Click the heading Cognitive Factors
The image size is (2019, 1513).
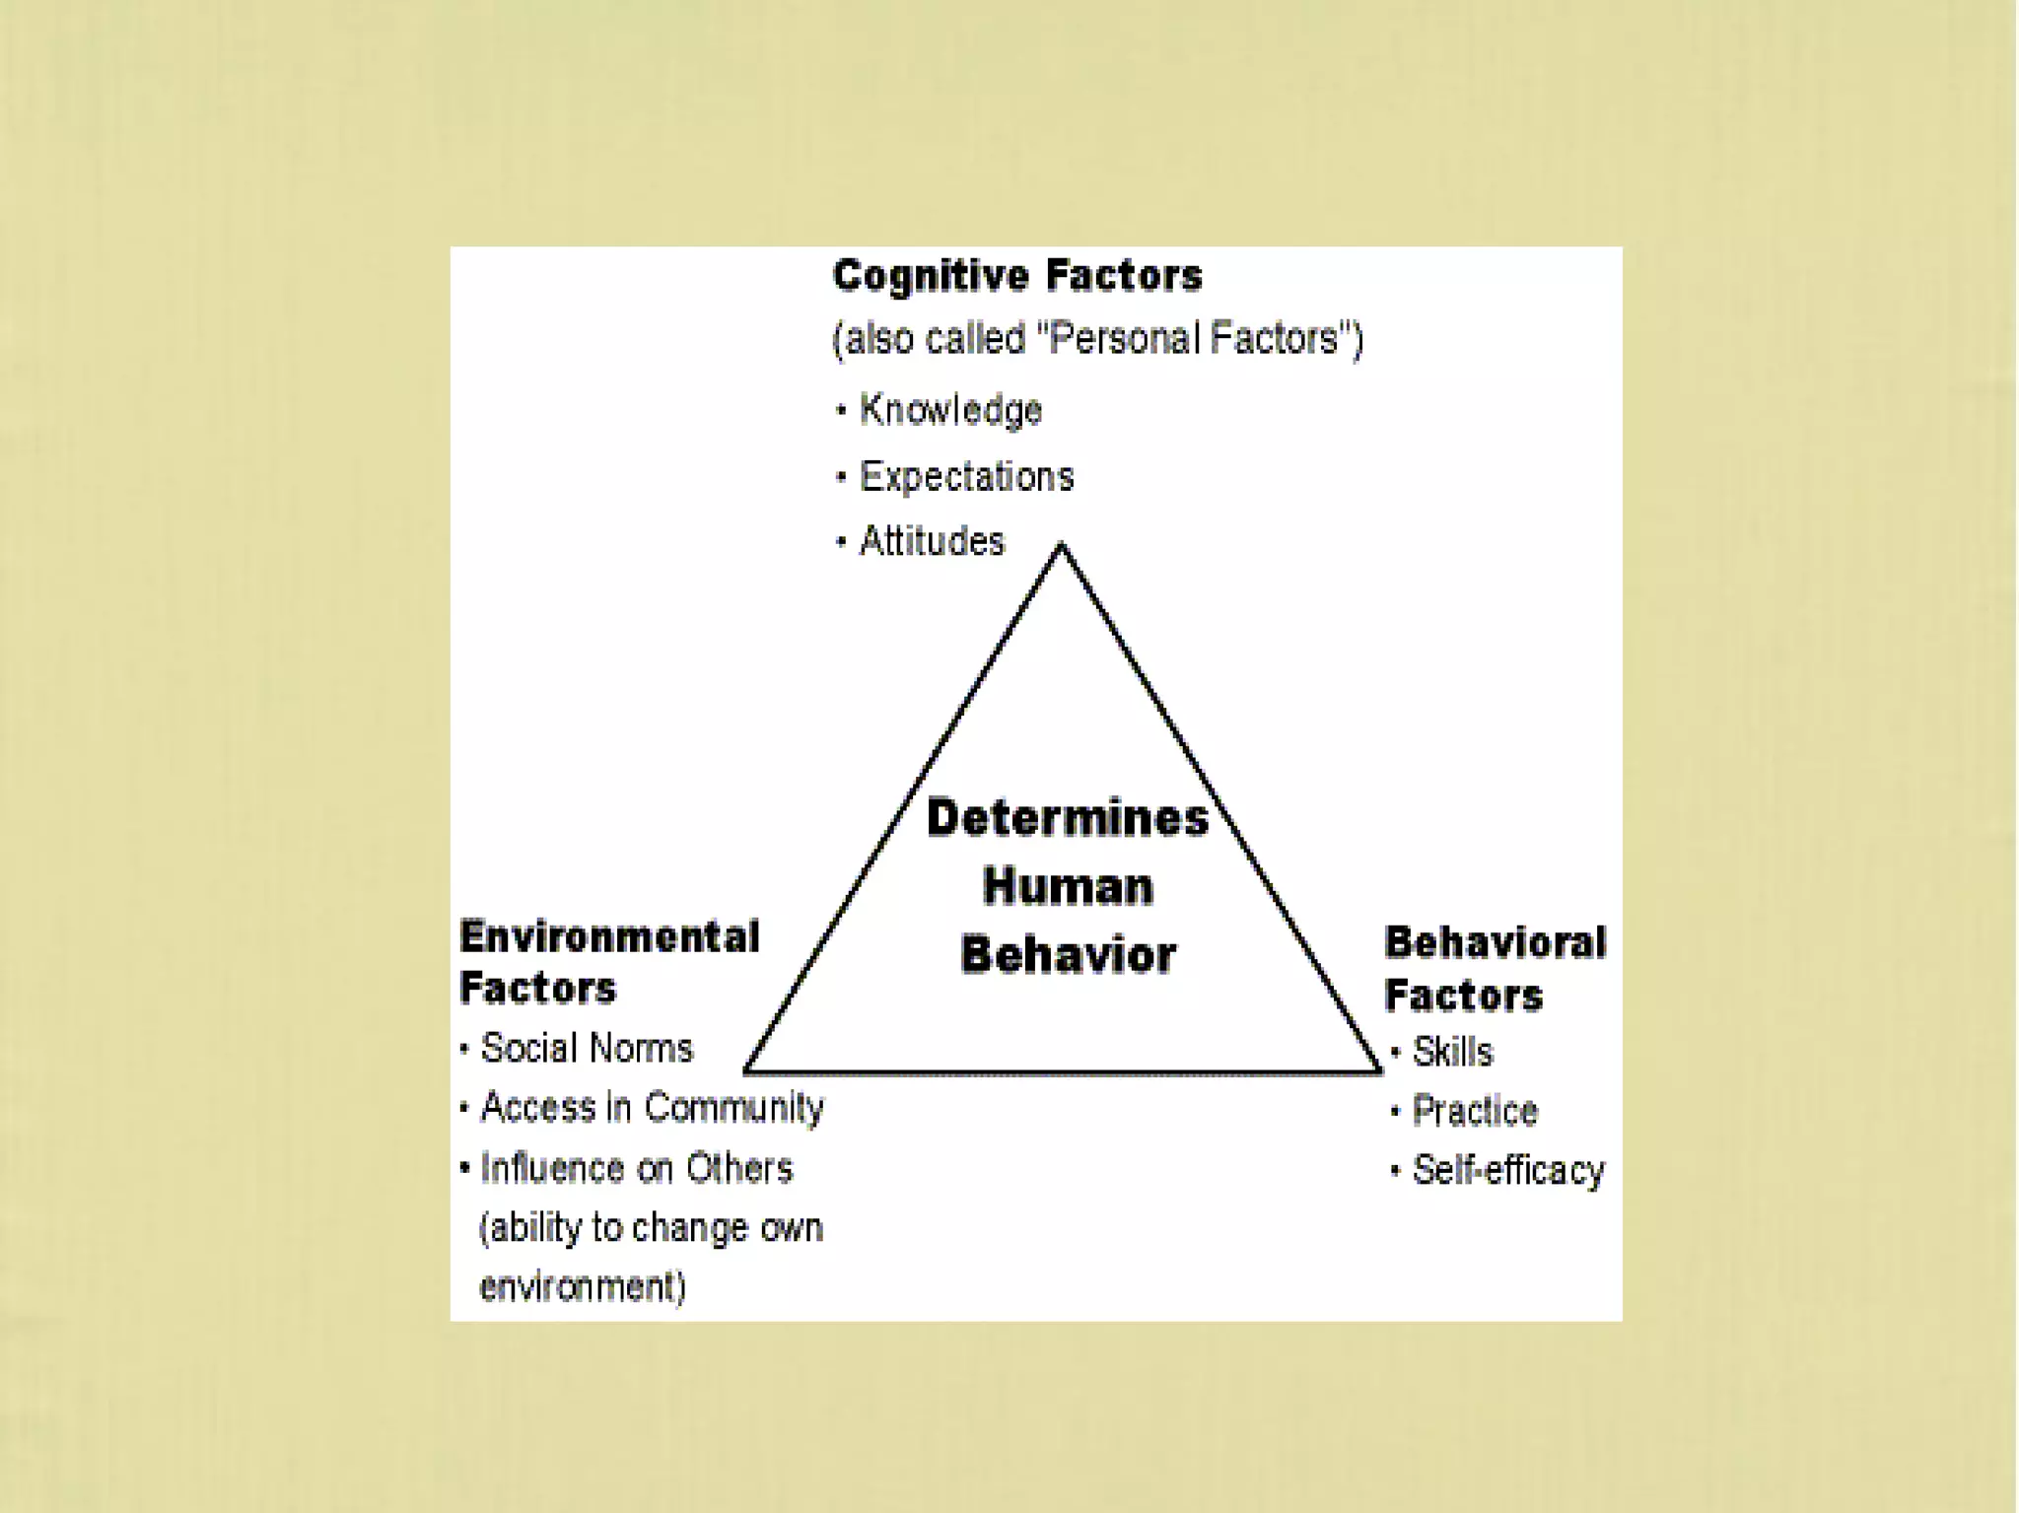pos(1016,275)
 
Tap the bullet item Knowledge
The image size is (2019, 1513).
pos(950,409)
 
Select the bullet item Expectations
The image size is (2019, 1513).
pos(966,476)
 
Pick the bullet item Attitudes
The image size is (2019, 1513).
pos(932,541)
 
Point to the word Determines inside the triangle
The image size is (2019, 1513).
pos(1068,818)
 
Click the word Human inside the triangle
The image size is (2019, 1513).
pos(1068,886)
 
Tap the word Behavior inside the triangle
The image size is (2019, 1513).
pos(1068,954)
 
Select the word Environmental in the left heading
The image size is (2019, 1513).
pos(609,936)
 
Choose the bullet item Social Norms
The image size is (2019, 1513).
pos(587,1048)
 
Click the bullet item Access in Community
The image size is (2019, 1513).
pos(652,1107)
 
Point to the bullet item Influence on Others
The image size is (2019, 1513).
pos(636,1168)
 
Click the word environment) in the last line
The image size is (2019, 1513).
pos(583,1286)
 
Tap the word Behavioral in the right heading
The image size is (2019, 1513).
pos(1495,942)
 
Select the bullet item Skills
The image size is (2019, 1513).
pos(1452,1052)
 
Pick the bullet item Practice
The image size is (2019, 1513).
pos(1474,1111)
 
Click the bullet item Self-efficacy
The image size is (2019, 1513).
pos(1508,1170)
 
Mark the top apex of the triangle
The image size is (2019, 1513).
pos(1062,545)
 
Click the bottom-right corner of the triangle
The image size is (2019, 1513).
pos(1378,1068)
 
